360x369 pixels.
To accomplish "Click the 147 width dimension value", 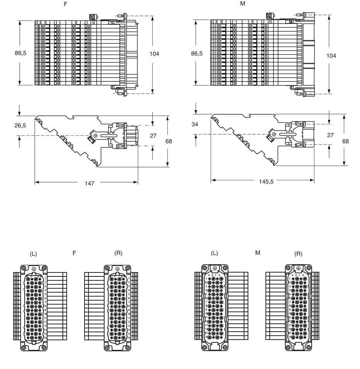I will pos(89,183).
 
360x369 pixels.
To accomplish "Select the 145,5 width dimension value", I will pos(266,181).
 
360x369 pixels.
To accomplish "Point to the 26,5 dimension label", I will pos(20,126).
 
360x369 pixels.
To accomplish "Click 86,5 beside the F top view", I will pos(20,53).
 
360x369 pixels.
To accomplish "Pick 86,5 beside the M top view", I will pos(197,53).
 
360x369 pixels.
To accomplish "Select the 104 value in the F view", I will pos(154,54).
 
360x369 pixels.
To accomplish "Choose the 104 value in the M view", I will pos(331,56).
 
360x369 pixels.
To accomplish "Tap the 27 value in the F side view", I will pos(153,135).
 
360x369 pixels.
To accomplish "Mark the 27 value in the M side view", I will pos(330,135).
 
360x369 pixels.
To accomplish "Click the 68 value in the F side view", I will pos(169,141).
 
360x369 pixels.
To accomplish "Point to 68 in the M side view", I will pos(345,141).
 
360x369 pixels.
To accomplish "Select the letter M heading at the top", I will pos(243,3).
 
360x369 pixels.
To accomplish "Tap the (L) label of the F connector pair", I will pos(33,254).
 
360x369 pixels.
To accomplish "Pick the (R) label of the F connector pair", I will pos(118,253).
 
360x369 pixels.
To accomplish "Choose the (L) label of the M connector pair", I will pos(214,253).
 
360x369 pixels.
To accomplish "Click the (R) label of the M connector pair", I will pos(298,254).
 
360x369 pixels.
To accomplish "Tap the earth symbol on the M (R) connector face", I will pos(298,267).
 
